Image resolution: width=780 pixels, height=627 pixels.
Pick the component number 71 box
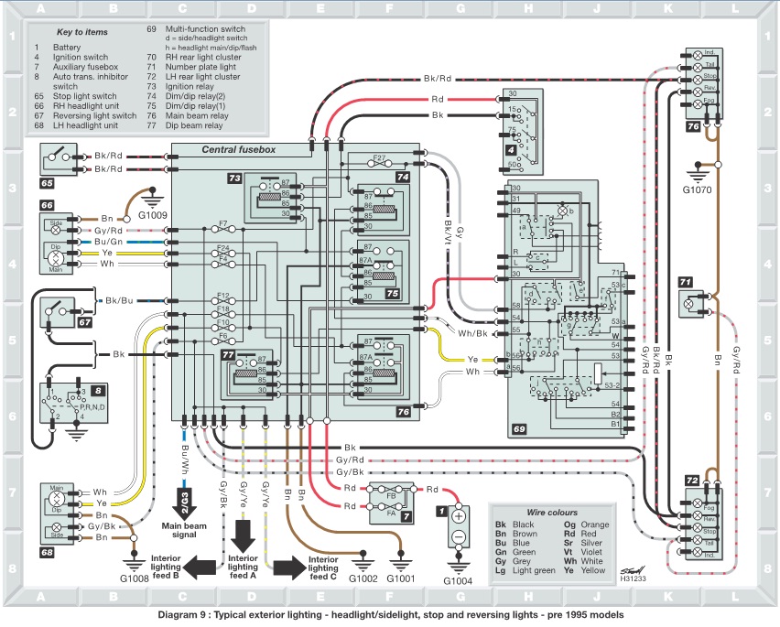coord(686,280)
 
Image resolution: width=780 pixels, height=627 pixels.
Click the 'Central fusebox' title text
coord(237,148)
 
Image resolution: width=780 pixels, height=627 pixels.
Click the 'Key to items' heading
coord(83,31)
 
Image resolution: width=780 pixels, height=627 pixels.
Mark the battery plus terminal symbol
coord(460,516)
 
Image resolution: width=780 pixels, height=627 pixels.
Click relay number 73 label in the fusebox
coord(234,177)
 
